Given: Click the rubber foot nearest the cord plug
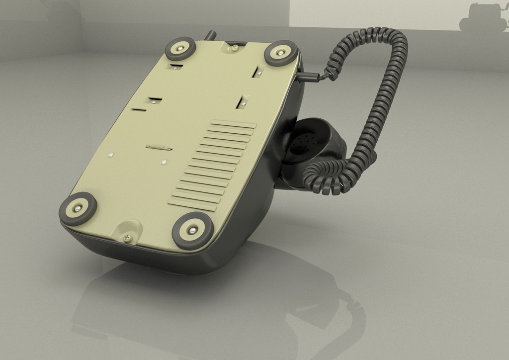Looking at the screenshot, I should point(280,53).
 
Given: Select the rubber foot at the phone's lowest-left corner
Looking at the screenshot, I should point(78,208).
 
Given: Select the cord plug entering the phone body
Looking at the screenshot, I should point(311,76).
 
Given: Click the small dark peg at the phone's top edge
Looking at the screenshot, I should point(211,35).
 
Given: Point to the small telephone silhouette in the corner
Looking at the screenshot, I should point(484,18).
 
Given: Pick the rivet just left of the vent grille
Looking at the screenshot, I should point(163,162).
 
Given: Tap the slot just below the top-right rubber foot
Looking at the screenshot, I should point(258,72).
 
